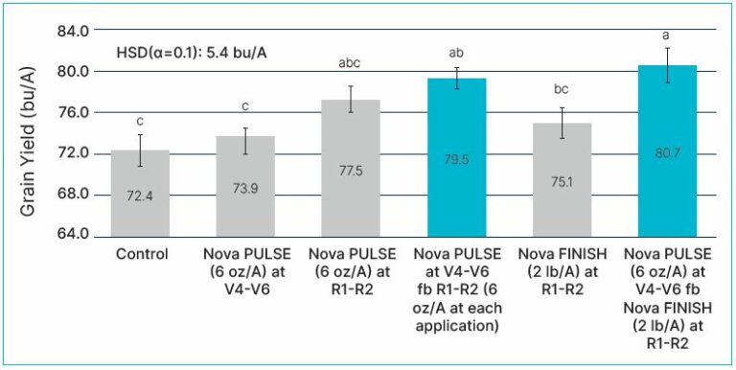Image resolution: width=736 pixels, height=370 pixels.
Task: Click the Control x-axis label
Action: tap(141, 255)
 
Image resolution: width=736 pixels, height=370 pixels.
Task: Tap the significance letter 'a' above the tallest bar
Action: tap(667, 35)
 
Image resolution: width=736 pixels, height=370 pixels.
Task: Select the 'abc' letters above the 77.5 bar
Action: tap(351, 65)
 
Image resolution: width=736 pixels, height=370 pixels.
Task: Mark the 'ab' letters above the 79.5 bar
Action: tap(457, 52)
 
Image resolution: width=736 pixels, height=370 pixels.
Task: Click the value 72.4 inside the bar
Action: tap(140, 221)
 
